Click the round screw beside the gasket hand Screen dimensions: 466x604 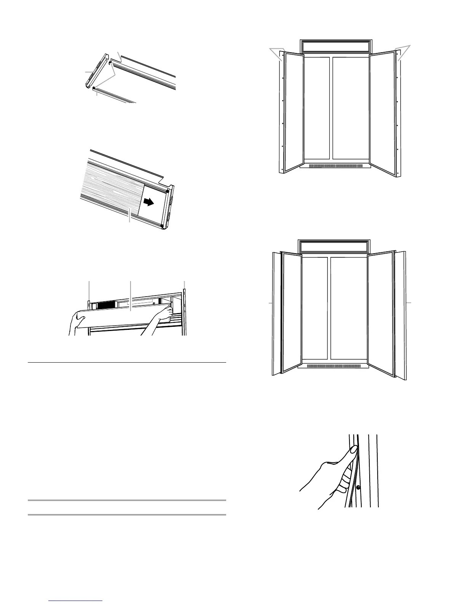pyautogui.click(x=358, y=487)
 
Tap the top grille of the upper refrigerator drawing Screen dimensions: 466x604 pyautogui.click(x=336, y=47)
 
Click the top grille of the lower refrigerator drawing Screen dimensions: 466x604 pyautogui.click(x=334, y=246)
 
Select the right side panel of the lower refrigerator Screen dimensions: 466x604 pyautogui.click(x=401, y=315)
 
